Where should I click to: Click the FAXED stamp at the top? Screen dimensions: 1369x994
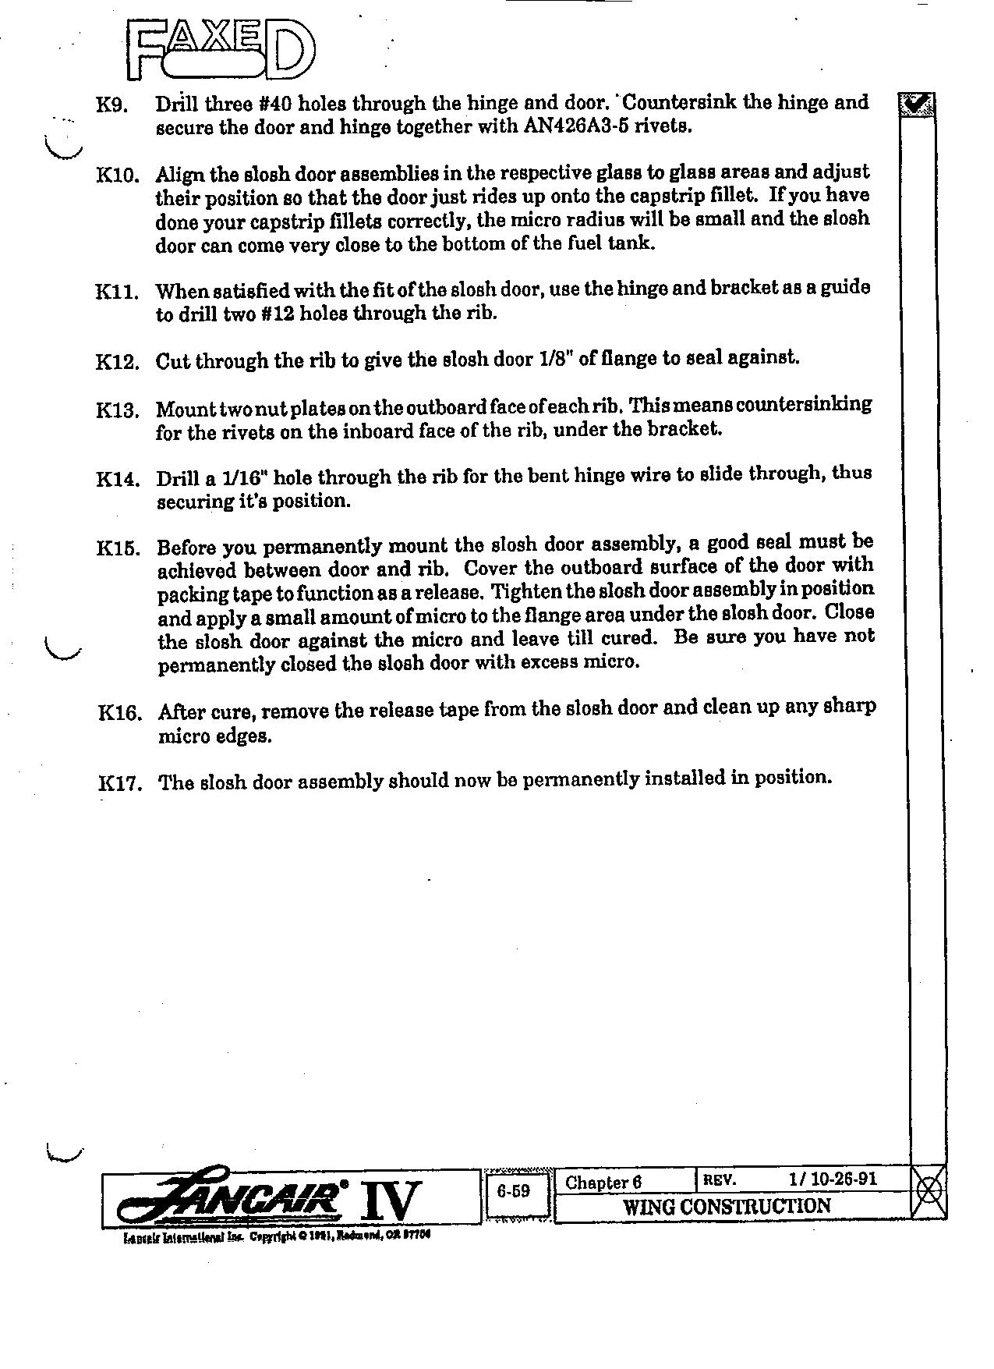221,49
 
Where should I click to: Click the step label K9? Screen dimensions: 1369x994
111,105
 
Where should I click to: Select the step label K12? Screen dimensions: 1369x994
118,362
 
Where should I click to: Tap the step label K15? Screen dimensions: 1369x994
119,548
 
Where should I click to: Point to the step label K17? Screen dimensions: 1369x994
119,782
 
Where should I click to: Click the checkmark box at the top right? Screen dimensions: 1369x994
918,104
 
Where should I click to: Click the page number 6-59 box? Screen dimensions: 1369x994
514,1192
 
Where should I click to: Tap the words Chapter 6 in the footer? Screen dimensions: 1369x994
603,1183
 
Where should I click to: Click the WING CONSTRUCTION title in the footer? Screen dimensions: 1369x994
727,1207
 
